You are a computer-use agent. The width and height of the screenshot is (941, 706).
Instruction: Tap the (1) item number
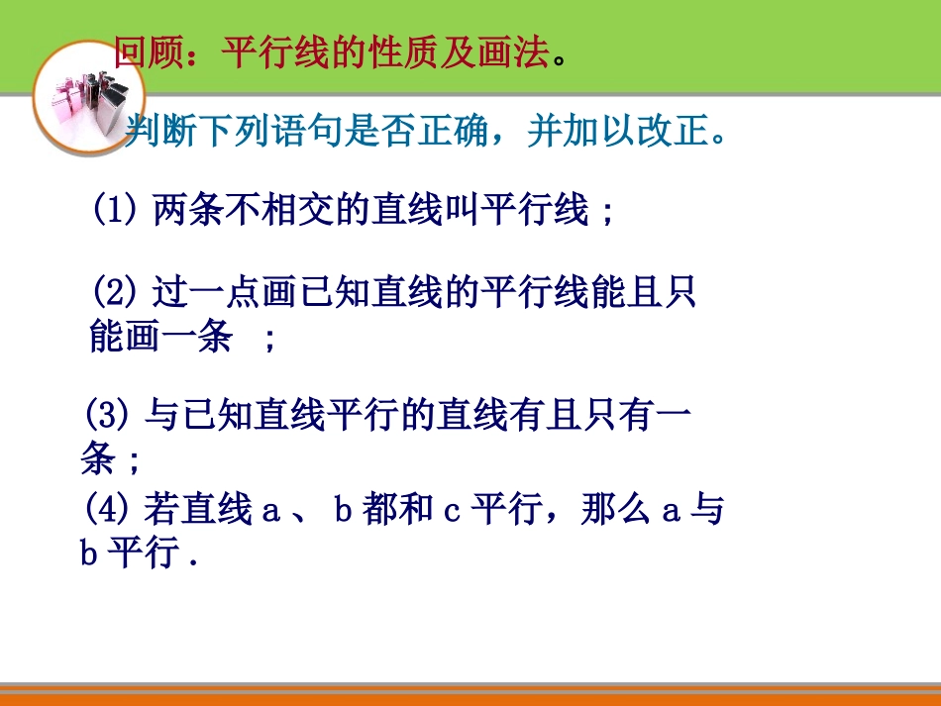(x=113, y=210)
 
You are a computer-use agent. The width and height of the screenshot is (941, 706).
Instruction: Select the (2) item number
(x=113, y=293)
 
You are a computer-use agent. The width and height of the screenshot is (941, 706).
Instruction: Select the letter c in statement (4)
(x=451, y=511)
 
